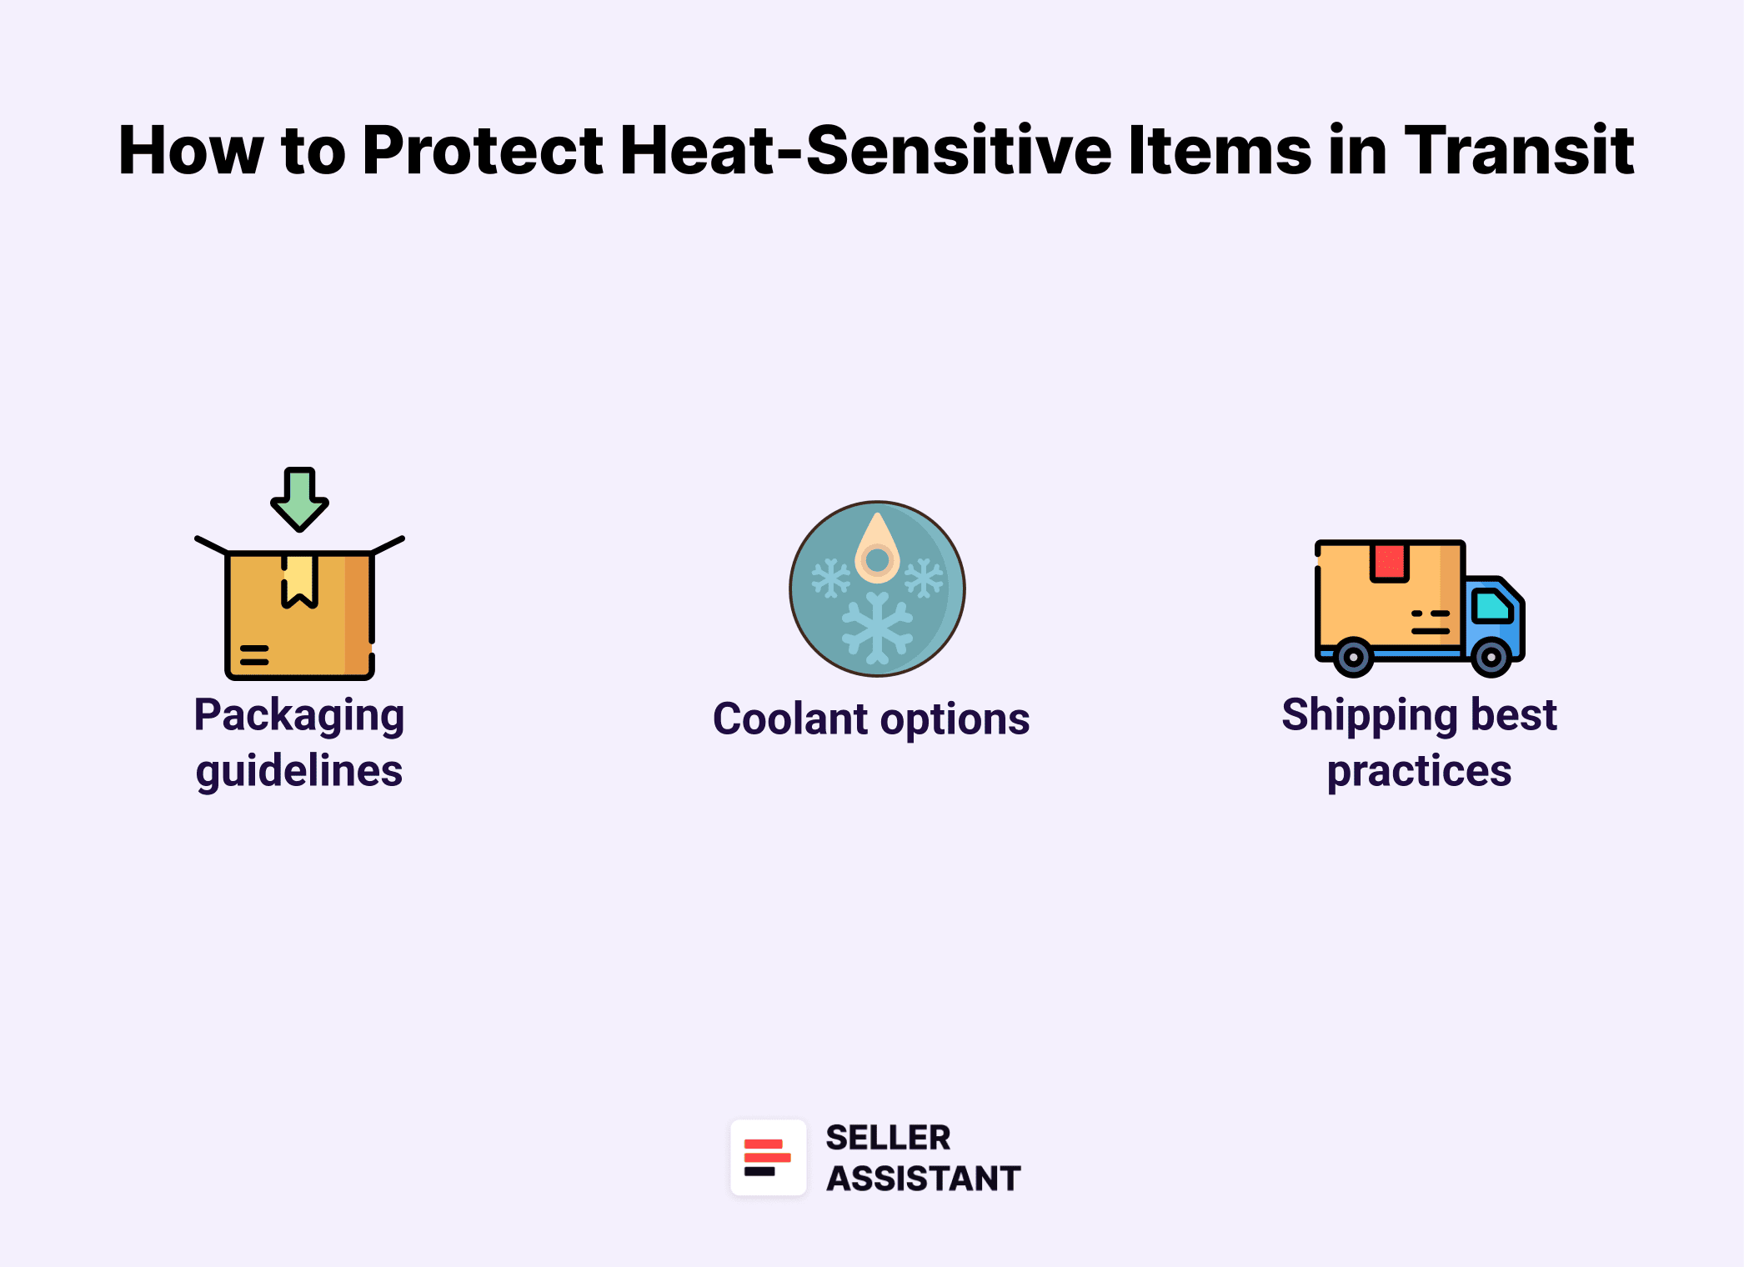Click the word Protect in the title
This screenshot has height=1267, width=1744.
[x=483, y=151]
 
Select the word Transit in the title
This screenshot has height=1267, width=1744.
[x=1519, y=151]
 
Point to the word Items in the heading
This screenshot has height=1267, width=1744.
[x=1220, y=151]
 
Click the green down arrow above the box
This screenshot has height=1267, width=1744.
[x=299, y=498]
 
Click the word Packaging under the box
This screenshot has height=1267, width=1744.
[x=299, y=715]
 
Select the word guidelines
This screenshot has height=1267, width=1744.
[x=299, y=771]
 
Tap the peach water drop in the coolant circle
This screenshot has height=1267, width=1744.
[x=877, y=550]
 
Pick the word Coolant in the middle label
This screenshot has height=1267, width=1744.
[x=790, y=719]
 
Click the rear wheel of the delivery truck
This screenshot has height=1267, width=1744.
[x=1353, y=657]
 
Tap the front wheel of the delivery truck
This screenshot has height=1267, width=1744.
[x=1491, y=657]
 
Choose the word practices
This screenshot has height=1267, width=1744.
[x=1419, y=771]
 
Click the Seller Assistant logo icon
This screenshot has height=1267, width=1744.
[x=768, y=1158]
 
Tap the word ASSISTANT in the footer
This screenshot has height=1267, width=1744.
[x=923, y=1179]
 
